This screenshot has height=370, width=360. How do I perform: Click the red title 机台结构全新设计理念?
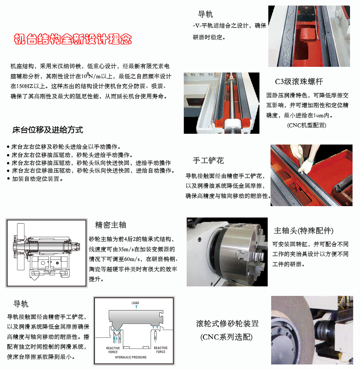click(x=73, y=39)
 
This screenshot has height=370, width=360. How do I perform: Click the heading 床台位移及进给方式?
click(x=48, y=130)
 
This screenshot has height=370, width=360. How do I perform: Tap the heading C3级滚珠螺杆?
click(x=299, y=82)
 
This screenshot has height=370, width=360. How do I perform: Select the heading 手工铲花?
click(x=208, y=160)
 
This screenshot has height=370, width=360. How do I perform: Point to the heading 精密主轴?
click(x=110, y=225)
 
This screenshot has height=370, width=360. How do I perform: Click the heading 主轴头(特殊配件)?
click(x=304, y=231)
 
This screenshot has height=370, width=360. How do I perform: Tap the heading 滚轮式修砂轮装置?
click(x=227, y=324)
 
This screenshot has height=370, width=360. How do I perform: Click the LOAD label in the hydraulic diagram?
click(x=135, y=303)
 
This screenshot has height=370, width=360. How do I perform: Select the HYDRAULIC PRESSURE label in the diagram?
click(x=131, y=357)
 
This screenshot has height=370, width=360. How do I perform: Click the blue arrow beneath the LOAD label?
click(x=136, y=307)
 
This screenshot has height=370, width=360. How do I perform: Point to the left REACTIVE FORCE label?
click(x=113, y=350)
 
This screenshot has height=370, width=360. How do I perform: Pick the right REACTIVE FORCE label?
click(x=161, y=350)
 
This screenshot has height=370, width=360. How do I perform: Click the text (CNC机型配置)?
click(x=307, y=125)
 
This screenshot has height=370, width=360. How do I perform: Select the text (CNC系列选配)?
click(x=226, y=337)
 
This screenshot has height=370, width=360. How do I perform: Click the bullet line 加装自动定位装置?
click(x=35, y=179)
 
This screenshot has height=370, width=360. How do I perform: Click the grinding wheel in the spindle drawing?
click(x=21, y=247)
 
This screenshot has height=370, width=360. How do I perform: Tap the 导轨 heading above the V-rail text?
click(x=205, y=14)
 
